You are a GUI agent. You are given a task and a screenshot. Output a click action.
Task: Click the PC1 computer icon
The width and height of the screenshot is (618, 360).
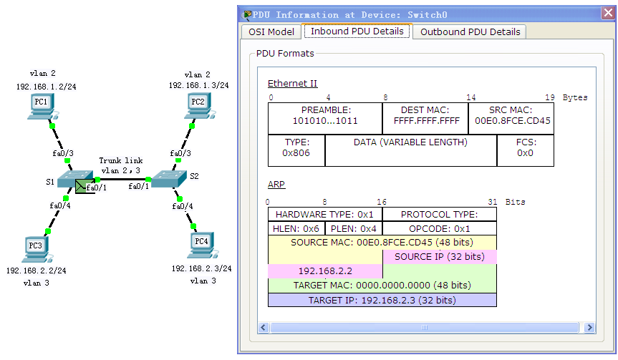point(42,107)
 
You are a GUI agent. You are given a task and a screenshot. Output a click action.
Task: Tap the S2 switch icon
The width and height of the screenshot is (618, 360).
point(169,178)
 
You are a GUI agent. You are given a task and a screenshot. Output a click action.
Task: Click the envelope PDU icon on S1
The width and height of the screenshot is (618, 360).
point(81,186)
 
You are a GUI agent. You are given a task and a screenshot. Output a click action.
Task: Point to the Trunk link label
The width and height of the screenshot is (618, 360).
point(120,160)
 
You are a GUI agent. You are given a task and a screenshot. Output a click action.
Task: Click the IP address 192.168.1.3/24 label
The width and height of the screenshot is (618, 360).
point(198,85)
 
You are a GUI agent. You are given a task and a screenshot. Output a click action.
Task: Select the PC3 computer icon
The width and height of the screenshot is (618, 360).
point(37,250)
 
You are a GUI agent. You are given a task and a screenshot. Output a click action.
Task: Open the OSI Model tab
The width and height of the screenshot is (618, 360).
point(271,32)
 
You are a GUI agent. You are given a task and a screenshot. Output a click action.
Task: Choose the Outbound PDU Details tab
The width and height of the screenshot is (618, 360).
point(470,32)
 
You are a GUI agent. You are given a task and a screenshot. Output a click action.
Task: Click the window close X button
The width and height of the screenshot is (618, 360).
point(608,13)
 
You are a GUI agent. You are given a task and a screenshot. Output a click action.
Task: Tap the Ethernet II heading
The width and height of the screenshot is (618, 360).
point(292,84)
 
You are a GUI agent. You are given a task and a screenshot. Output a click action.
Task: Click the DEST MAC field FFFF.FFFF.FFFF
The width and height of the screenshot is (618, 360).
point(425,119)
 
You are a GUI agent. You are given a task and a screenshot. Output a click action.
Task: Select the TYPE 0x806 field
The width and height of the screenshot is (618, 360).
point(296,150)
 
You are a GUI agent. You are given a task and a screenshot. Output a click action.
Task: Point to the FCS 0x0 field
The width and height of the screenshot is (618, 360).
point(526,150)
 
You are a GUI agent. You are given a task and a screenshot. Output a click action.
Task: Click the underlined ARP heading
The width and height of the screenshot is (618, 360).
point(276,185)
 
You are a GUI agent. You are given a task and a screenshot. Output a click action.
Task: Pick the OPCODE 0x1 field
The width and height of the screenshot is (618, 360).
point(440,228)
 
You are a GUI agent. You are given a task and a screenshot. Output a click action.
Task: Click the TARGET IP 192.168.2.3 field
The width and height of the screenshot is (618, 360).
point(382,300)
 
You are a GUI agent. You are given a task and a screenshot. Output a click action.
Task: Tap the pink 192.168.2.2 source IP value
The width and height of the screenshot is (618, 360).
point(325,271)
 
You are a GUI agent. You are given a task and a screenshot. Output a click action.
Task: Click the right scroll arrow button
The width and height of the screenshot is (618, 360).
point(589,327)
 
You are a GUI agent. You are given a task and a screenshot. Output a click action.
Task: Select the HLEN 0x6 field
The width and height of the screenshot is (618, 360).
point(296,228)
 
